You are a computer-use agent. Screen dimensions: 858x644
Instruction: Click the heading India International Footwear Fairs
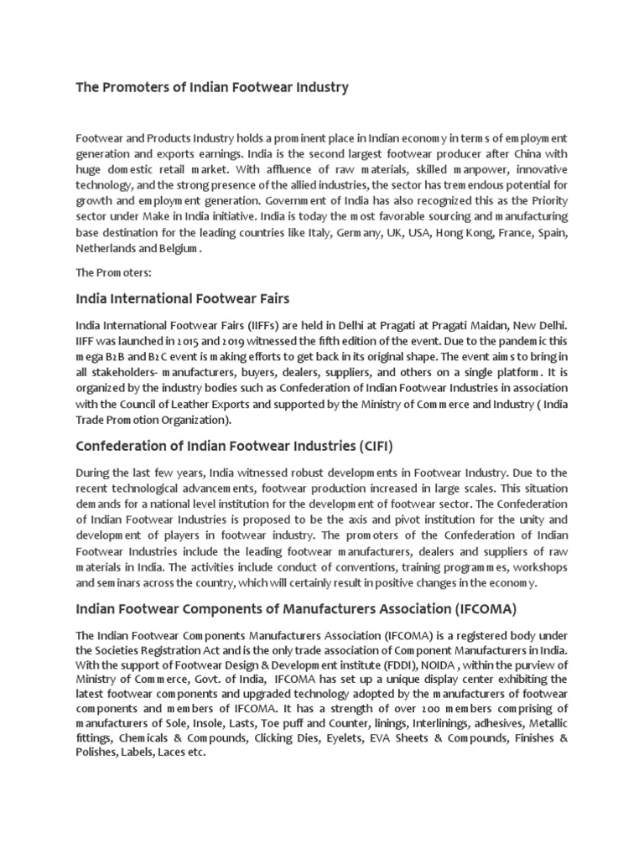(x=184, y=299)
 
